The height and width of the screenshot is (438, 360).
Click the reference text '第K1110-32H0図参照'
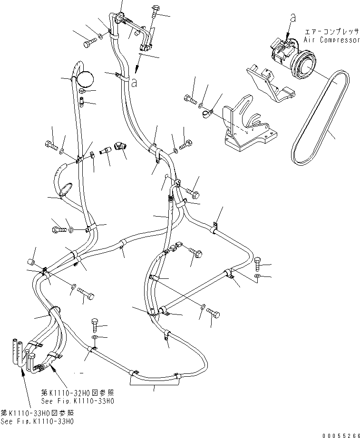pos(77,393)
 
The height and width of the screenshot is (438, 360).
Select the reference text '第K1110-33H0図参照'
pos(37,412)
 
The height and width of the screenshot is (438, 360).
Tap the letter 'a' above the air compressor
pos(293,18)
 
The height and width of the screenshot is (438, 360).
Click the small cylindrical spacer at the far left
pos(31,262)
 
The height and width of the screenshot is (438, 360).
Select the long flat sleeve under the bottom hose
pos(155,378)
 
